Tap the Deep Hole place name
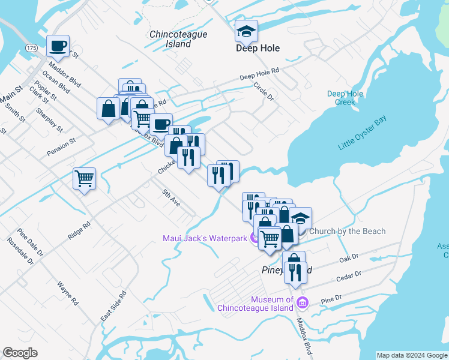point(258,48)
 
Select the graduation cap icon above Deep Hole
point(245,31)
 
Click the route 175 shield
point(32,47)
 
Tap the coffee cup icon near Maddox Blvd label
point(58,46)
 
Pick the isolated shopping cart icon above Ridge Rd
point(84,178)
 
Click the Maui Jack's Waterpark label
point(205,238)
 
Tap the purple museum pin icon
point(302,304)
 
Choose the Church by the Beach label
point(347,231)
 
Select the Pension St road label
point(61,148)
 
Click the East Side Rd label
point(114,305)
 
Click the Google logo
point(20,353)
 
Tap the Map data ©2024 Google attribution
point(412,355)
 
